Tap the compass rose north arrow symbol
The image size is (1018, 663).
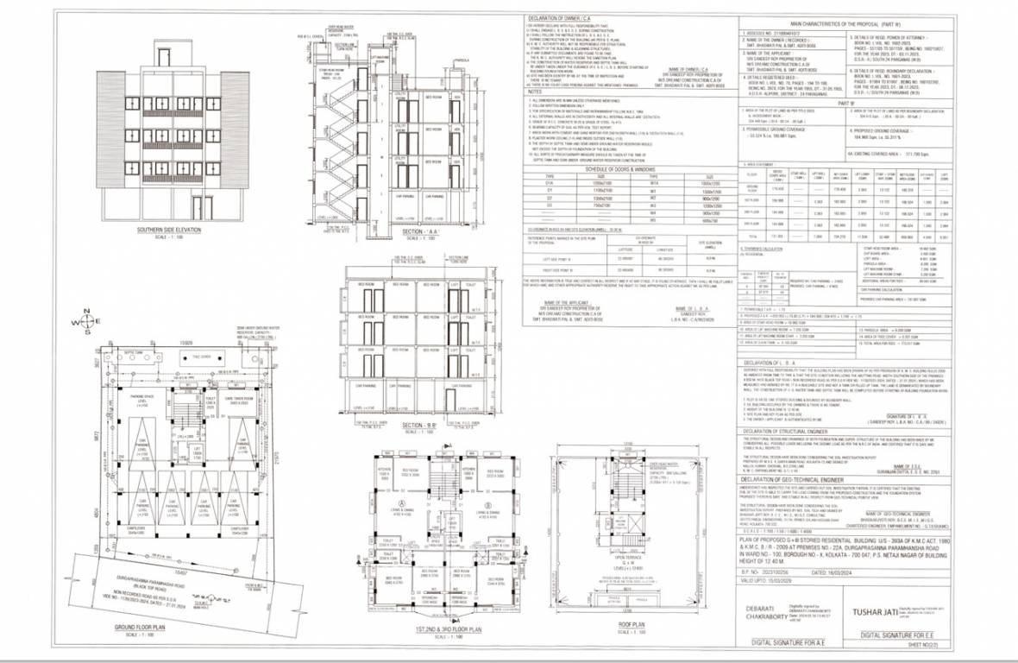coord(85,323)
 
